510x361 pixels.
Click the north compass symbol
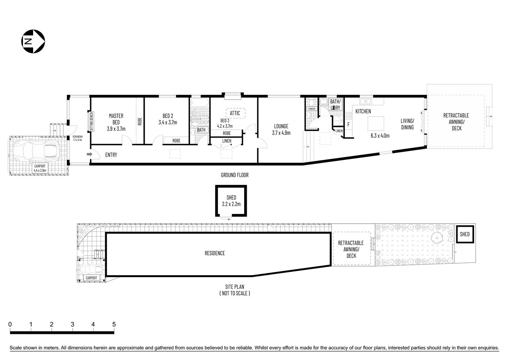(x=33, y=41)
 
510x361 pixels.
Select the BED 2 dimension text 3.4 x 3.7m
(x=167, y=122)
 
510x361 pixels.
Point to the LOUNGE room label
(x=281, y=126)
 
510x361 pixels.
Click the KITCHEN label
(x=363, y=111)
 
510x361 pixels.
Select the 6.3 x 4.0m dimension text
(x=380, y=136)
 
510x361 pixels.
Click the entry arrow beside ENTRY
(x=89, y=154)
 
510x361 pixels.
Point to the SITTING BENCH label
(x=91, y=121)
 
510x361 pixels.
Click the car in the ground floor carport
(x=36, y=151)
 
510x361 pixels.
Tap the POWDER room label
(x=312, y=109)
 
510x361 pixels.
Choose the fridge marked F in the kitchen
(x=349, y=124)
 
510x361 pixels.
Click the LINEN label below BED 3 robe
(x=226, y=141)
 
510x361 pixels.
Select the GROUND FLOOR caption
(x=234, y=175)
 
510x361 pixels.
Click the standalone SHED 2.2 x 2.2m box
(x=231, y=201)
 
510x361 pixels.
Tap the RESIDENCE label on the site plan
(x=214, y=253)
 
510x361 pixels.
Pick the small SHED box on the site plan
(x=465, y=234)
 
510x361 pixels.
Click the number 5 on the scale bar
(x=114, y=324)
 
